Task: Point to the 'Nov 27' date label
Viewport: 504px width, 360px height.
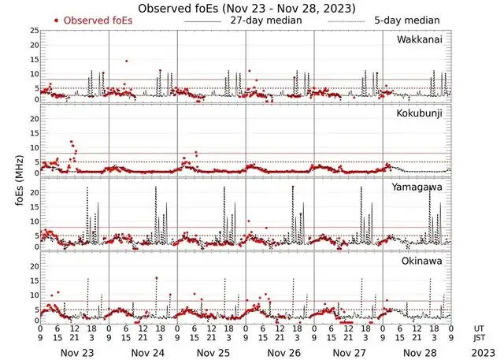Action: pos(347,351)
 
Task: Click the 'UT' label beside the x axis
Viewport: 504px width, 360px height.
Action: pos(480,328)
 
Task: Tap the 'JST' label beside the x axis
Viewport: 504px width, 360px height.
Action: pos(480,338)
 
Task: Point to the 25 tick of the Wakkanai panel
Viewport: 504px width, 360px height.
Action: pos(33,31)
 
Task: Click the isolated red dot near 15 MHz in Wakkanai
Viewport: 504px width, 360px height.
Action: pos(126,61)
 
